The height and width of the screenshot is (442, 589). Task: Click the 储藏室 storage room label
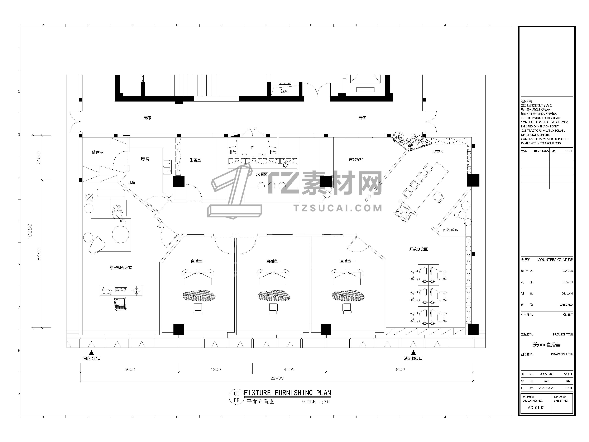pos(97,152)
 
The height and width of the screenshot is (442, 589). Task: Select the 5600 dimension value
pos(130,369)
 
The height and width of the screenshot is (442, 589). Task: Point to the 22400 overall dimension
pos(277,378)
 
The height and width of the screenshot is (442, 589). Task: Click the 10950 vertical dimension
pos(30,231)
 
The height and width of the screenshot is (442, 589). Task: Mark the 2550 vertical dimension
pos(39,158)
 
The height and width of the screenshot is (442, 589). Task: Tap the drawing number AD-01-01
pos(536,408)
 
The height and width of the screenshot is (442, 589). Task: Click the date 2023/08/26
pos(547,388)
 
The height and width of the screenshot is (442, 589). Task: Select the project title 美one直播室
pos(547,344)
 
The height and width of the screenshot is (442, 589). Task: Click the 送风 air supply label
pos(285,91)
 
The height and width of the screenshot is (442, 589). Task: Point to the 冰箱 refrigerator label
pos(132,183)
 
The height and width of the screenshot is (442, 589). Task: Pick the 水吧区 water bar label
pos(262,174)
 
